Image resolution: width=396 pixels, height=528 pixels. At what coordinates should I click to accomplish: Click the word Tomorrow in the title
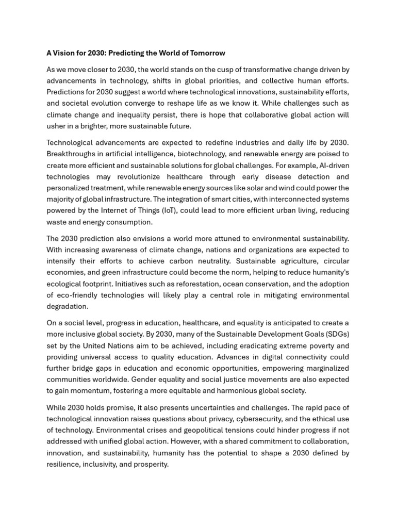tap(207, 53)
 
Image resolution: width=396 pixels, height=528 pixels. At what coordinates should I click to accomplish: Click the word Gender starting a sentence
tap(147, 380)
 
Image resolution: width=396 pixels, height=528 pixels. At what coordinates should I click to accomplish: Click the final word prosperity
tap(151, 465)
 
